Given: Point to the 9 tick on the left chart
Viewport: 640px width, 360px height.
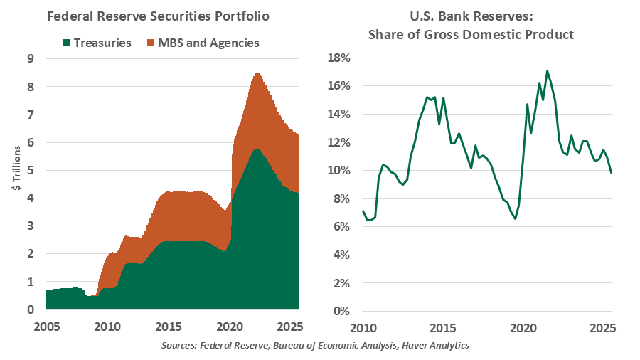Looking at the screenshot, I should tap(30, 59).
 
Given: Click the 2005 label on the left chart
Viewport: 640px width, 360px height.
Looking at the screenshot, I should tap(46, 328).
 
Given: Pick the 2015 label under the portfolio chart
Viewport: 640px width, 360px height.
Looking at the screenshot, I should tap(167, 328).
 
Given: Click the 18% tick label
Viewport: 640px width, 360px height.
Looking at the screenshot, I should tap(338, 58).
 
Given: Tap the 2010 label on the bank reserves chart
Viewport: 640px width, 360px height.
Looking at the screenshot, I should tap(363, 328).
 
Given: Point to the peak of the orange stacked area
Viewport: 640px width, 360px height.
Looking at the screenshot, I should tap(257, 74).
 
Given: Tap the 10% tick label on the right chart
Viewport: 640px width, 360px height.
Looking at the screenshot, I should tap(338, 170).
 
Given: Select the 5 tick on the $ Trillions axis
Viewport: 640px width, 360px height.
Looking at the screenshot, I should tap(30, 171).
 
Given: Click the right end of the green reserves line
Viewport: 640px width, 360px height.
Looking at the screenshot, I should tap(612, 172).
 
